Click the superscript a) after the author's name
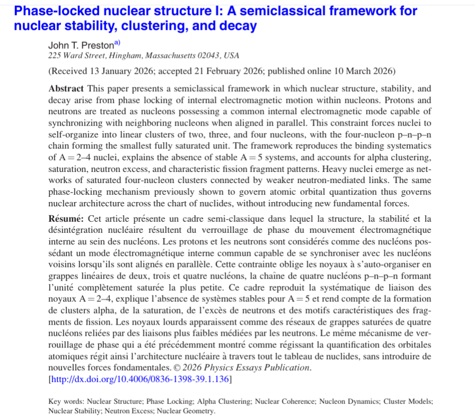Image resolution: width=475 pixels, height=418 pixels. coord(110,43)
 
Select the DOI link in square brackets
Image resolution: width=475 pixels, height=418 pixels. coord(140,379)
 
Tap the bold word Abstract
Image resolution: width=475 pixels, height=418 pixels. coord(66,88)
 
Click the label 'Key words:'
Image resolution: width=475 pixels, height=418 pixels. coord(66,402)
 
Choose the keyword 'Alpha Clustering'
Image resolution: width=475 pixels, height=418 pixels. coord(226,402)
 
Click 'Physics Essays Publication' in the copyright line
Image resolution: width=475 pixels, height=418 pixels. coord(268,368)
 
